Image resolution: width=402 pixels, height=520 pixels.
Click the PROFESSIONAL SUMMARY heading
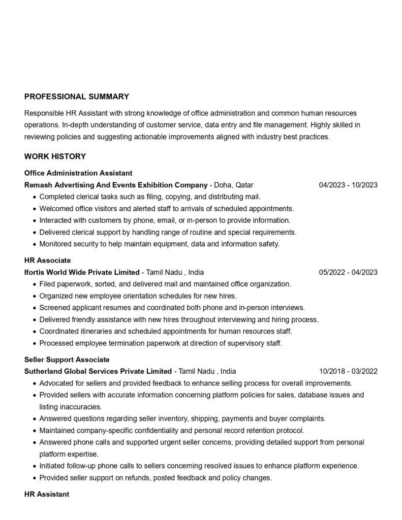(76, 96)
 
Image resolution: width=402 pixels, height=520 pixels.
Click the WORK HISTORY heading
(55, 156)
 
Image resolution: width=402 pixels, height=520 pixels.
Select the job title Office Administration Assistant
(78, 173)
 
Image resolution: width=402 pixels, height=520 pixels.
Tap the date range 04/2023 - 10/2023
(348, 185)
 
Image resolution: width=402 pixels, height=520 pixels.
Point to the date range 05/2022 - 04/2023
(348, 272)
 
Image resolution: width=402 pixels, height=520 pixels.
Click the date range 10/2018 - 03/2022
(348, 371)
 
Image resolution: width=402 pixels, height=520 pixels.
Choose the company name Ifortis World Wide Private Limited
(82, 272)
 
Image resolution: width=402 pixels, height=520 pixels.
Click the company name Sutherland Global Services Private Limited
(98, 371)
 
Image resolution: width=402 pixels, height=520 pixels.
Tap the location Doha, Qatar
(234, 185)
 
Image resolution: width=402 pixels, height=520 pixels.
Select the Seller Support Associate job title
(67, 360)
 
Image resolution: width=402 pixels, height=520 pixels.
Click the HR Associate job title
(47, 261)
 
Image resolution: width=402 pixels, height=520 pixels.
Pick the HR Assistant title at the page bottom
(47, 494)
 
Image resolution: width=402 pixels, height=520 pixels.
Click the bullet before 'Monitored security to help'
(34, 244)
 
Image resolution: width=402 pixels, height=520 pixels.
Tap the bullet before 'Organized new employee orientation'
(34, 296)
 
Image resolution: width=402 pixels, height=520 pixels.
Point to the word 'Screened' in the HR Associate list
(54, 308)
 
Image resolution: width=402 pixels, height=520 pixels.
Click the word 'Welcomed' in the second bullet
(55, 209)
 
